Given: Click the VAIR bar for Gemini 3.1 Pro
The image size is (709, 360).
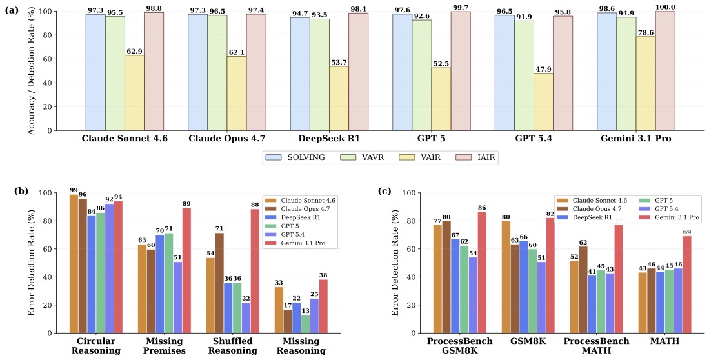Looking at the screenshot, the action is [646, 83].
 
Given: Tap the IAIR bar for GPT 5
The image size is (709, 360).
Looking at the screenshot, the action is [461, 71].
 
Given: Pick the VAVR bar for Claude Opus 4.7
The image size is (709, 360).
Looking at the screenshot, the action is [217, 73].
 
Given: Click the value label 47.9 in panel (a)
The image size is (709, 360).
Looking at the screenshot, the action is [543, 69].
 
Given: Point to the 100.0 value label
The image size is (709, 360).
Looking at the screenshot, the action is [665, 7].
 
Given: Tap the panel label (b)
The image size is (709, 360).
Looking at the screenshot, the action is [21, 190].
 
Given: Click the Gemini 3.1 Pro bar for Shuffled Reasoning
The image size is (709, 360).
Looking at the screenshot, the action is [255, 271].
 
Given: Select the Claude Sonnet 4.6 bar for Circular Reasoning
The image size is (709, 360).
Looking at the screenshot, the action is [74, 264].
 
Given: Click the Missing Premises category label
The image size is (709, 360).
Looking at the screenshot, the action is [165, 346].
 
